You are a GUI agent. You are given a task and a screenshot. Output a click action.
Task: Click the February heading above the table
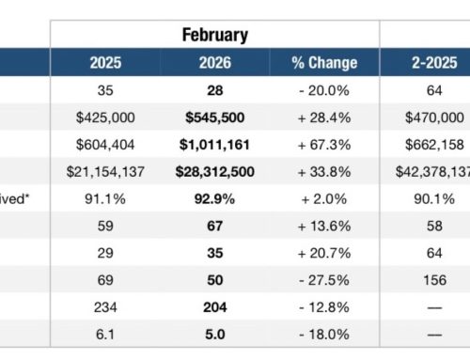[215, 36]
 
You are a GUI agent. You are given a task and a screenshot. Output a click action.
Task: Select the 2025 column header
[104, 64]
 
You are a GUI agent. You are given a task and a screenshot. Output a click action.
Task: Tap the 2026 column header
[214, 64]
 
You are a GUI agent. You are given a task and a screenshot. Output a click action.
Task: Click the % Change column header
[325, 64]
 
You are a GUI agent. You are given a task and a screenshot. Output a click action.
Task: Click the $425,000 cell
[104, 118]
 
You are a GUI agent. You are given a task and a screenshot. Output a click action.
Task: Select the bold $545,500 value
[214, 118]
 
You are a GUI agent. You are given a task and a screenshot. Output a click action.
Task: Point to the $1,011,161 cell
[214, 146]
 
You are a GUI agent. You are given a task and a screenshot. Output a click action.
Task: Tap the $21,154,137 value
[104, 172]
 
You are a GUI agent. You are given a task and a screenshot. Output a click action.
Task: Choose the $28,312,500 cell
[214, 172]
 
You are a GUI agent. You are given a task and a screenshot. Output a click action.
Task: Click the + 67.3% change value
[325, 146]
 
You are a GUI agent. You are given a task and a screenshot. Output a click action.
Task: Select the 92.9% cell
[214, 199]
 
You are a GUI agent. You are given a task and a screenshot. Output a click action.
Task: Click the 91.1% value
[104, 199]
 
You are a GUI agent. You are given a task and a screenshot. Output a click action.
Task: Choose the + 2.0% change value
[325, 199]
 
